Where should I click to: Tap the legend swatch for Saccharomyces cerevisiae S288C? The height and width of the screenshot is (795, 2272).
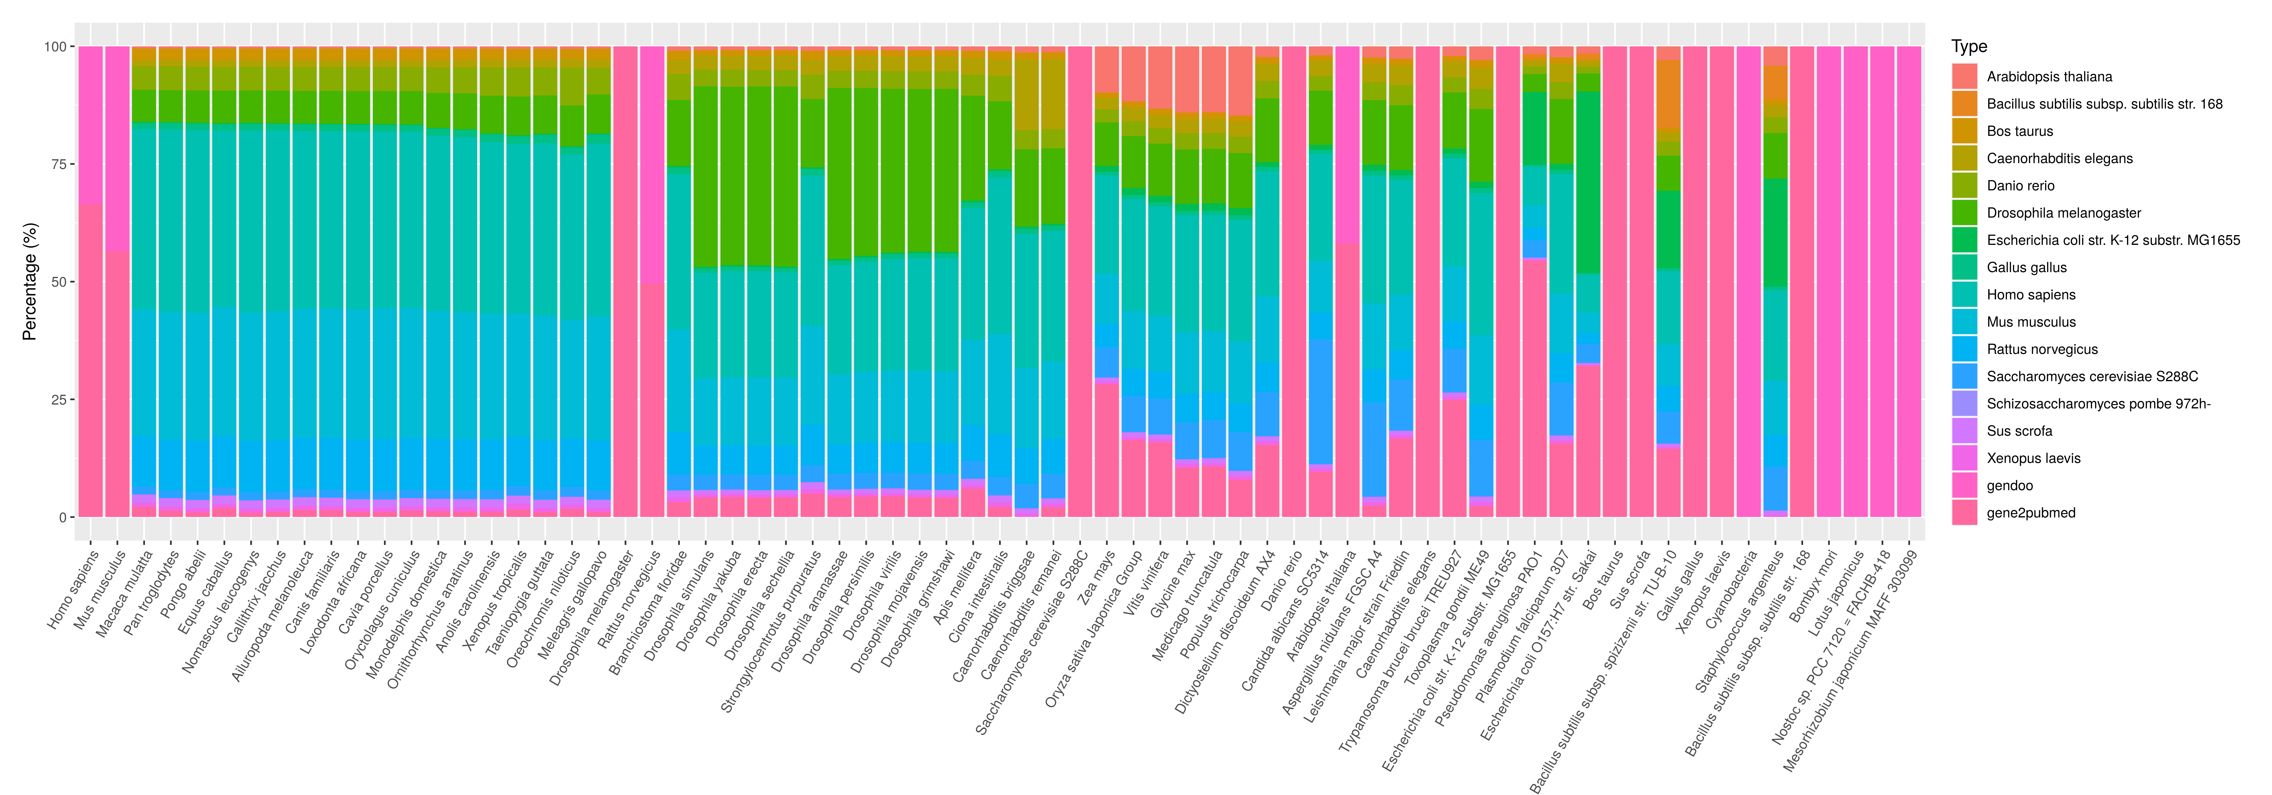point(1964,376)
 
